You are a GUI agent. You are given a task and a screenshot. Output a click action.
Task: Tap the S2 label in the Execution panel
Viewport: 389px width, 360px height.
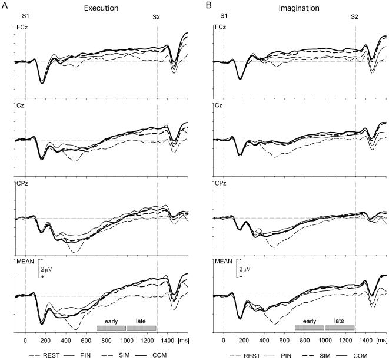tap(157, 17)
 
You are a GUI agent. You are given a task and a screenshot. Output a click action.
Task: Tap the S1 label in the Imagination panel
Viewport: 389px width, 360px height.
tap(224, 17)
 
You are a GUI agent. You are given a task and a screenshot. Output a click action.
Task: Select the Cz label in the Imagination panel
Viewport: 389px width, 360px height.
tap(218, 105)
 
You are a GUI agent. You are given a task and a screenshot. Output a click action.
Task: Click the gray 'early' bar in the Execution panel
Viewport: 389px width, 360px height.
tap(111, 327)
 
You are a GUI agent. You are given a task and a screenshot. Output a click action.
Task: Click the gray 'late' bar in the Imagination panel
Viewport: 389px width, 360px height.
tap(339, 327)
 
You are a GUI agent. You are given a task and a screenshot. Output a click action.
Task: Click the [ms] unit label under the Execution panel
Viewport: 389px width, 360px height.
tap(184, 341)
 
